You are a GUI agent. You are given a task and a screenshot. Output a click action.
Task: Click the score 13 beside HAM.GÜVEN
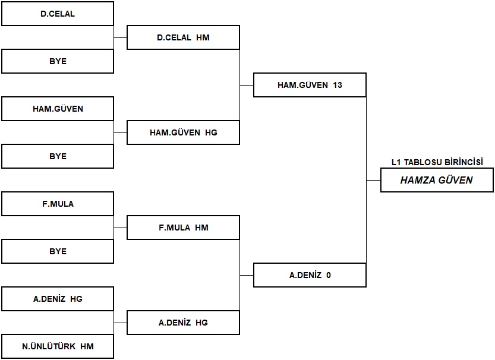338,85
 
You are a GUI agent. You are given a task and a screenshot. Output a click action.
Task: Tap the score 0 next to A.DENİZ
328,275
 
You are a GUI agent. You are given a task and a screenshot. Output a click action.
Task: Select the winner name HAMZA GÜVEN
437,180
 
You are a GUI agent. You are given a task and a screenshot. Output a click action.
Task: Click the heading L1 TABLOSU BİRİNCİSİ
437,162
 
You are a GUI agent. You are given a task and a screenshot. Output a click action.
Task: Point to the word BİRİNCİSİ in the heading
464,162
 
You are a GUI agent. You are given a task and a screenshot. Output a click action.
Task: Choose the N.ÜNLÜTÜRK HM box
58,346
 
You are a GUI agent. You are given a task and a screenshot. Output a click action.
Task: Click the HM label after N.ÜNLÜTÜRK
87,346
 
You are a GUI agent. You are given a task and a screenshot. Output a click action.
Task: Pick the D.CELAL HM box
183,37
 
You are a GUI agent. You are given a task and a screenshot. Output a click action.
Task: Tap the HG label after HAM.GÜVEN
211,132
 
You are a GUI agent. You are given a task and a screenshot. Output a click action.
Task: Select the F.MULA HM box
183,228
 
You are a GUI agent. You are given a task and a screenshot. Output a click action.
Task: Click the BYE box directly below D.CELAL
58,61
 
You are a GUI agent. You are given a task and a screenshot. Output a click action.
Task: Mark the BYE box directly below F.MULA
58,251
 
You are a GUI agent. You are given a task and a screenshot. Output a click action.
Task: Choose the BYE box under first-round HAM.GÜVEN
58,156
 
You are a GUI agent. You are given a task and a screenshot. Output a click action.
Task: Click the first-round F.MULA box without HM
58,204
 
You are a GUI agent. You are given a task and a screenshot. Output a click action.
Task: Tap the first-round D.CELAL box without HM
58,14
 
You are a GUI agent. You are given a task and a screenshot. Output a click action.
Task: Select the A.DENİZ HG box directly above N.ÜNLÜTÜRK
58,299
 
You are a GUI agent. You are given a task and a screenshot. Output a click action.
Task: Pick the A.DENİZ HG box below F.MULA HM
183,323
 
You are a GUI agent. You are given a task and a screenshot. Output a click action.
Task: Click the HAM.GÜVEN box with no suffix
58,109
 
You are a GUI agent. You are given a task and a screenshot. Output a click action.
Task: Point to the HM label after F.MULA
201,228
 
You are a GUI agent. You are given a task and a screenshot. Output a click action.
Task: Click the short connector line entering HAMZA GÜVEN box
373,181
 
